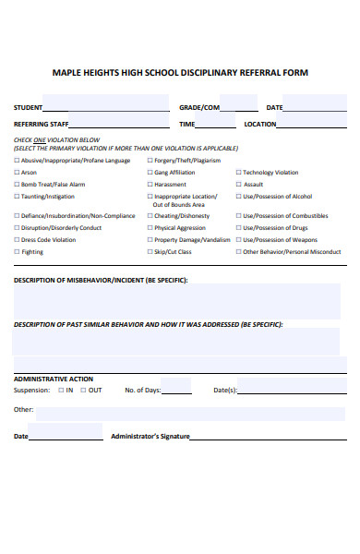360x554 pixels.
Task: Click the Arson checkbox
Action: tap(17, 173)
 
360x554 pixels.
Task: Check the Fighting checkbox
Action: tap(17, 252)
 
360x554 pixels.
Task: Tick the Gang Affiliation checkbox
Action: tap(149, 173)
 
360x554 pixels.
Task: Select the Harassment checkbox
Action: tap(149, 185)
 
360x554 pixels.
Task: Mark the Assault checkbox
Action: tap(238, 185)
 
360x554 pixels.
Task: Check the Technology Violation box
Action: tap(238, 173)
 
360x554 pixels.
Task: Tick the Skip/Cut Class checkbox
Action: tap(149, 252)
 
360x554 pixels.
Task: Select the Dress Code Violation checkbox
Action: tap(17, 240)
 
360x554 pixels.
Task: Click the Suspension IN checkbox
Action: tap(61, 391)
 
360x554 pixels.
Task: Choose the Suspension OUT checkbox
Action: tap(83, 391)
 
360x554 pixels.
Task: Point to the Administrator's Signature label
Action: tap(150, 436)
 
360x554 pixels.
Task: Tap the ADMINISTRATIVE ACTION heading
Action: tap(53, 379)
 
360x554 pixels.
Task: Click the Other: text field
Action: tap(189, 412)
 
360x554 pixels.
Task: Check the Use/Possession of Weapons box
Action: tap(238, 240)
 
